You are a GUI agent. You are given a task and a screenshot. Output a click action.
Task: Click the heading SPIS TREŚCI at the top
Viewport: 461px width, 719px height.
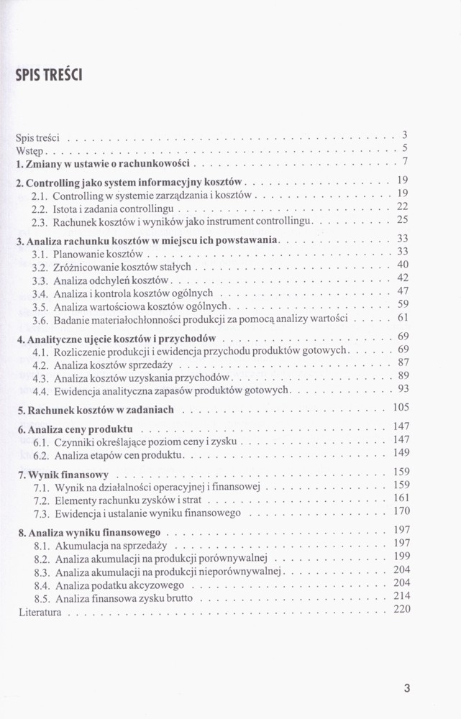(49, 74)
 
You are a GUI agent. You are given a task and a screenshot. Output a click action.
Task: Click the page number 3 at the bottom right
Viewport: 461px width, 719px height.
(406, 689)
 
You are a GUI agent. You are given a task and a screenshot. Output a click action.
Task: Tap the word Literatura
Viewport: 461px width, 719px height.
(40, 613)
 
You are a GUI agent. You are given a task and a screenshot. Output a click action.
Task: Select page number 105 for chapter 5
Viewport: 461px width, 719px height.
(401, 408)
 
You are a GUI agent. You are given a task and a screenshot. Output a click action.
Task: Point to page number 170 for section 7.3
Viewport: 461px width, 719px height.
(401, 511)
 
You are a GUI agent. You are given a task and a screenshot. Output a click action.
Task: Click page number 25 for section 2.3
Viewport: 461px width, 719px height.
(403, 219)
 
